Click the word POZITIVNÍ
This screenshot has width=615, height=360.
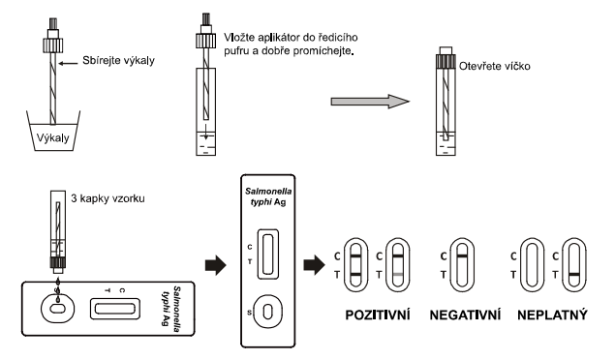pos(378,315)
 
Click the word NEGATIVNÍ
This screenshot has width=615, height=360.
pos(465,315)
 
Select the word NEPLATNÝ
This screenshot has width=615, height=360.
pos(552,315)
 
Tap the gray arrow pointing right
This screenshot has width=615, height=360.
pos(370,102)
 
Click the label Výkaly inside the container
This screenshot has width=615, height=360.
pos(52,137)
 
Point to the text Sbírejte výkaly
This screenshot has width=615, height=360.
pos(118,60)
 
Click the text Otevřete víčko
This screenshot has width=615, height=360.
pos(495,66)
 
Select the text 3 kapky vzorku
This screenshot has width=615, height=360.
pos(108,198)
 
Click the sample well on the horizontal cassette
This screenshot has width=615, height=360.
pos(58,309)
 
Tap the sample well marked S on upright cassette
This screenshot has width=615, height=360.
pos(268,312)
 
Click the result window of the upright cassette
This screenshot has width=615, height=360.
pos(268,255)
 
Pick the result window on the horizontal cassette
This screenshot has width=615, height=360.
pos(115,309)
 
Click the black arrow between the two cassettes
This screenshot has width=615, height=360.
pos(216,265)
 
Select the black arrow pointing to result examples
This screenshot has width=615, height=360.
pos(314,265)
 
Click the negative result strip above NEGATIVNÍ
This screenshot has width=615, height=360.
pos(462,265)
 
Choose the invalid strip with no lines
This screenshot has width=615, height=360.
pos(532,265)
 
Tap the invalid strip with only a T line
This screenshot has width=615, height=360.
pos(573,265)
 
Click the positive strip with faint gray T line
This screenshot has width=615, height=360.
pos(398,265)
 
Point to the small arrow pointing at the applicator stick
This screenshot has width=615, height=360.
pos(68,63)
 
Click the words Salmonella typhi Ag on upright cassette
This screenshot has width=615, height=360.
pos(268,196)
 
